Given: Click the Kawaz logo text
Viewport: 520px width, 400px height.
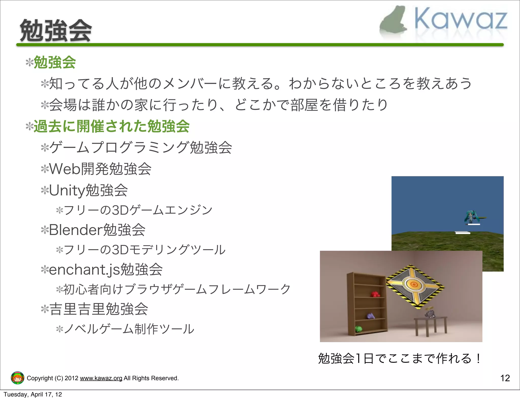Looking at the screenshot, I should pyautogui.click(x=461, y=19).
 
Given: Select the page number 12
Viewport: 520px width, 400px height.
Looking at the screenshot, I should pyautogui.click(x=505, y=378).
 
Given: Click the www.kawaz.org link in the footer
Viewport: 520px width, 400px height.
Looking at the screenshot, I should pyautogui.click(x=101, y=378).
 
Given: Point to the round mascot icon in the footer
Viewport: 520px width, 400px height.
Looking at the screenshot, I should pyautogui.click(x=18, y=378).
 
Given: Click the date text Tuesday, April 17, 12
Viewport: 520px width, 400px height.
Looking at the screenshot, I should pyautogui.click(x=33, y=394).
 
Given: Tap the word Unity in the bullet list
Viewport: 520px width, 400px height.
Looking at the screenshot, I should pyautogui.click(x=67, y=190).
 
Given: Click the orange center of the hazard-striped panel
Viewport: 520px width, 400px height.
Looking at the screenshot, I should pyautogui.click(x=414, y=284).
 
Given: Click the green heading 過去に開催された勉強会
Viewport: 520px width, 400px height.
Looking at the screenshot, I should pyautogui.click(x=111, y=126).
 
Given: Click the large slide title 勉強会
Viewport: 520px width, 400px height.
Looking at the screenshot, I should pyautogui.click(x=56, y=31).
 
